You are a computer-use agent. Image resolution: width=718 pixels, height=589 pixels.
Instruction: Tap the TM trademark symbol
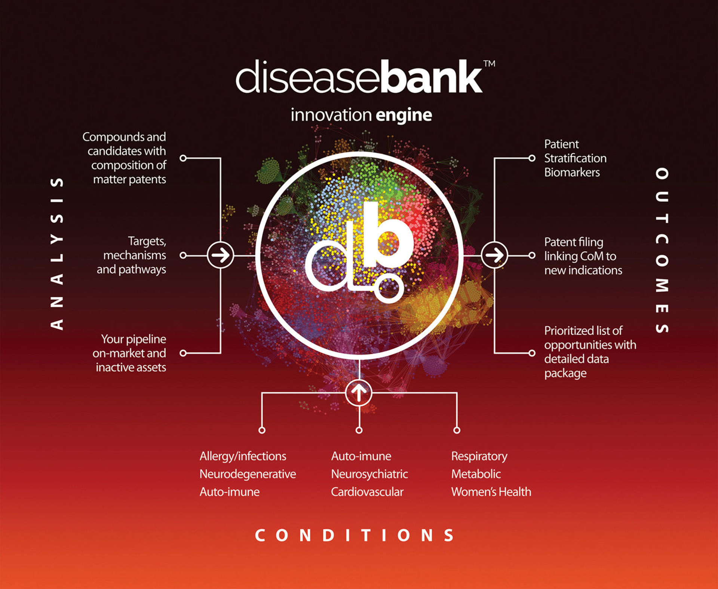tap(489, 64)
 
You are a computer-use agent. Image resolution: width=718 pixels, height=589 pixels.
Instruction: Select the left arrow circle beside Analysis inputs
tap(220, 255)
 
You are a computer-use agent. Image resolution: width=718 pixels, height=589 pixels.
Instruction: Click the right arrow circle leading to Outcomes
tap(494, 255)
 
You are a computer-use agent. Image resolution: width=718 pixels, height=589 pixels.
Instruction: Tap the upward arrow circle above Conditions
tap(359, 393)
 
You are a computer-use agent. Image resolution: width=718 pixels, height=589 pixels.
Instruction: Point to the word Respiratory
tap(479, 456)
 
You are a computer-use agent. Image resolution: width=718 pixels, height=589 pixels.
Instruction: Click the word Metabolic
tap(476, 474)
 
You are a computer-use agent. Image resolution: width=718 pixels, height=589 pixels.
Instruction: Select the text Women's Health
tap(491, 492)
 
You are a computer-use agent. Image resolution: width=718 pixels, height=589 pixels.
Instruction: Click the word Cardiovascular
tap(367, 492)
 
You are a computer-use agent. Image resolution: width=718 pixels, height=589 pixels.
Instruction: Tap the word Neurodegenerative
tap(248, 474)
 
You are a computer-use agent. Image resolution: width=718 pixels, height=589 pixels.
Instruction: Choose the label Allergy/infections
tap(243, 456)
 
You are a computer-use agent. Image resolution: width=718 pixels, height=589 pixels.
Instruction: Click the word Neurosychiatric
tap(369, 474)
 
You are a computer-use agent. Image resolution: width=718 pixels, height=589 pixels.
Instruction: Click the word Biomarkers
tap(572, 172)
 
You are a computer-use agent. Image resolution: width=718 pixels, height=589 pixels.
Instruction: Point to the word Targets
tap(147, 242)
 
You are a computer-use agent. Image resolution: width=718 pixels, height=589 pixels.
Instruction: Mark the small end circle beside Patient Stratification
tap(532, 158)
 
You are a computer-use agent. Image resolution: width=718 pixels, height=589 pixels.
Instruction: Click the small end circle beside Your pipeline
tap(183, 353)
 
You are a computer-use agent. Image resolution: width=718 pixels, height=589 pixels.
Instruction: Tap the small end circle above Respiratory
tap(457, 430)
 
